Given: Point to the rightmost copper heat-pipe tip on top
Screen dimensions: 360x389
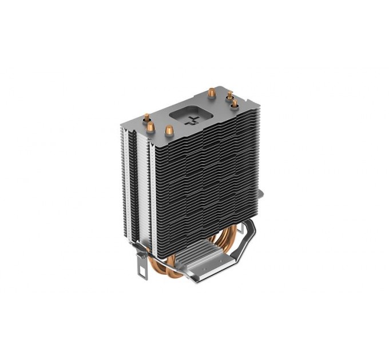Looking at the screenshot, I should tap(235, 103).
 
